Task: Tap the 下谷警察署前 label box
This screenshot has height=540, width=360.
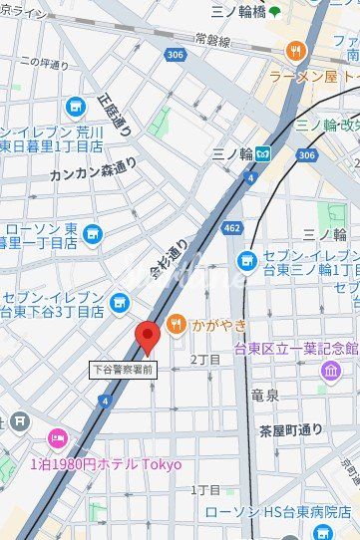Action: (122, 369)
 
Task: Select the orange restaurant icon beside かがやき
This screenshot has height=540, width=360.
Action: (177, 323)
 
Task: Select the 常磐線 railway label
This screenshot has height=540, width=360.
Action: (212, 42)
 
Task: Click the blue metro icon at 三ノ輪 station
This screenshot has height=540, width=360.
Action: (263, 153)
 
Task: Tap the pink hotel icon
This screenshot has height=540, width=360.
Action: (58, 438)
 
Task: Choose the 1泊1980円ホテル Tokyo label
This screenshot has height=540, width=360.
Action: (106, 464)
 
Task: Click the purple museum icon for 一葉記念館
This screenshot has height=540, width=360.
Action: (330, 371)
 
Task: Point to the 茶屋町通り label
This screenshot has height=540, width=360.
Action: (291, 430)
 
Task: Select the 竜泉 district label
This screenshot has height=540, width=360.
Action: (265, 395)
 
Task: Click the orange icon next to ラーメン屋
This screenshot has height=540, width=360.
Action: (295, 50)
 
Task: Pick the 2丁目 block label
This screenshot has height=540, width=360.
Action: (205, 359)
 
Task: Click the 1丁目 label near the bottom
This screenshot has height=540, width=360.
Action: (205, 490)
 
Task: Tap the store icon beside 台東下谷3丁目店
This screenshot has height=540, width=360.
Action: (120, 301)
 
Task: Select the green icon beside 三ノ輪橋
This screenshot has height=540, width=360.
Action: (274, 12)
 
